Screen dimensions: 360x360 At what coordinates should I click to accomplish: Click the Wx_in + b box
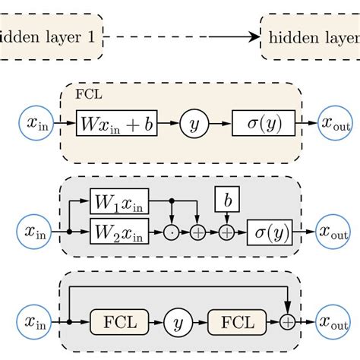tap(116, 124)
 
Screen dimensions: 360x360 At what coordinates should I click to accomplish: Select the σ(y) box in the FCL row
tap(264, 124)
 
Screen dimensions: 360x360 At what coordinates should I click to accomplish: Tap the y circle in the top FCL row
tap(194, 124)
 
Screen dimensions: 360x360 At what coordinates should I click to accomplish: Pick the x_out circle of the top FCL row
tap(332, 124)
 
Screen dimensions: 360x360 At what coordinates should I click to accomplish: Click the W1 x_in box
tap(119, 203)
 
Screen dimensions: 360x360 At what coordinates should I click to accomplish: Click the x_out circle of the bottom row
tap(332, 322)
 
